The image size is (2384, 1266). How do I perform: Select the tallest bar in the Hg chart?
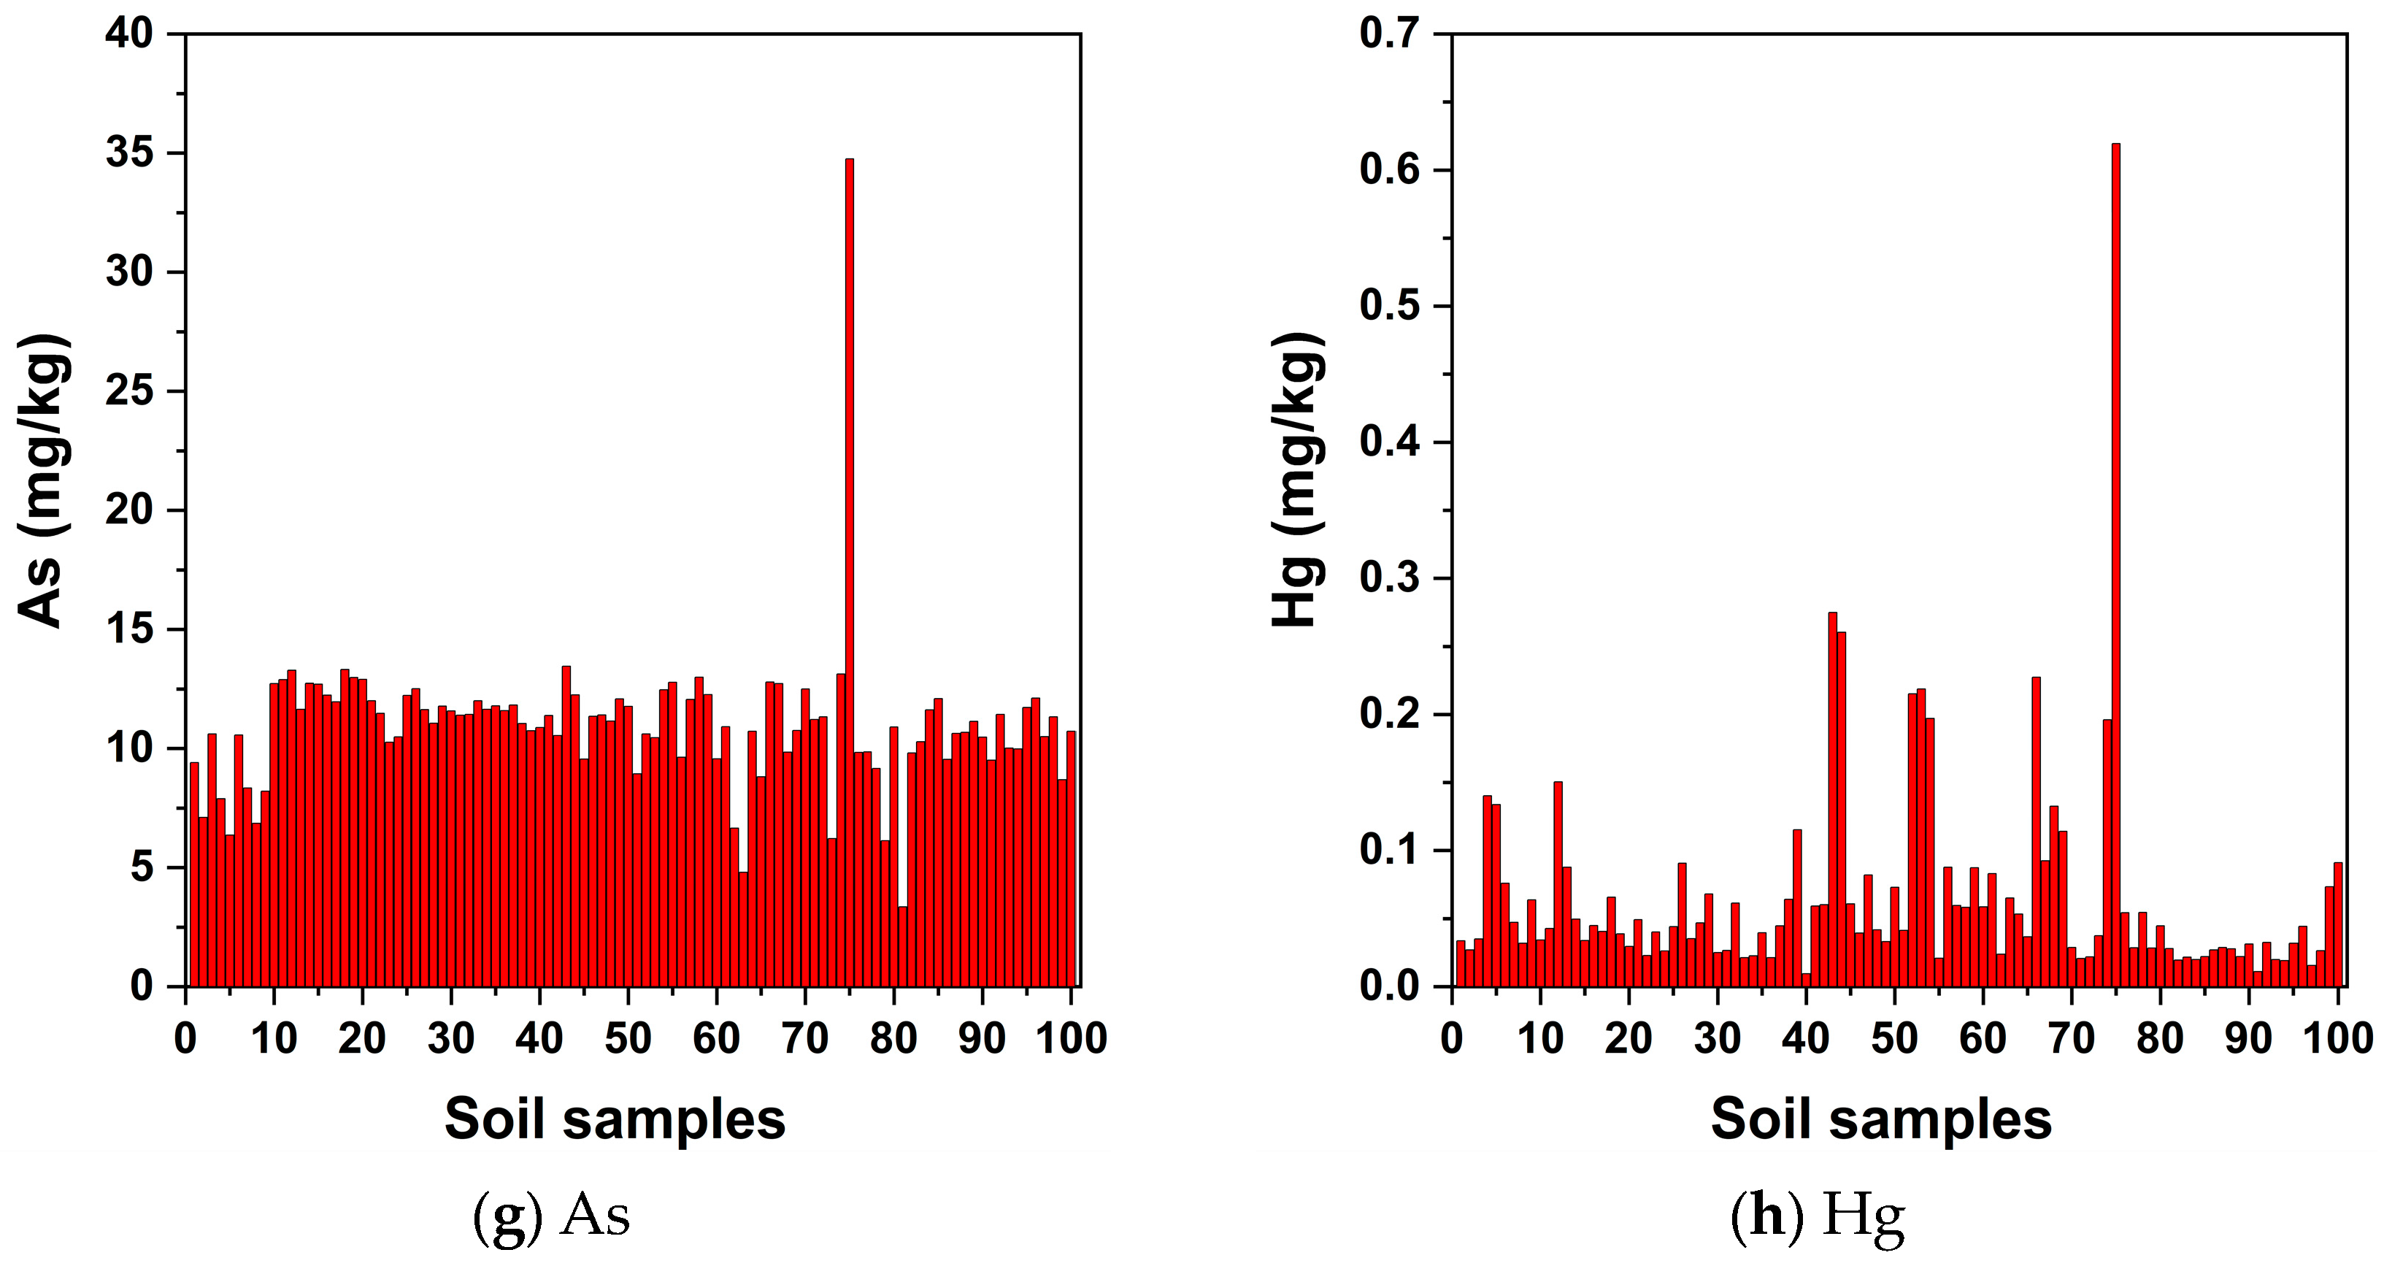click(2115, 564)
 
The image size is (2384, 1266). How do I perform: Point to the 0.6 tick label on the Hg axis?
click(1390, 170)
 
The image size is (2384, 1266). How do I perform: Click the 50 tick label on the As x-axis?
click(628, 1038)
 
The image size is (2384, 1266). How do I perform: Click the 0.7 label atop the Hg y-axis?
click(1390, 34)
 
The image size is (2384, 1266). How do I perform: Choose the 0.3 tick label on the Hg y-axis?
click(1390, 578)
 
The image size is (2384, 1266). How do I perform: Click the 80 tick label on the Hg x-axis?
click(2160, 1038)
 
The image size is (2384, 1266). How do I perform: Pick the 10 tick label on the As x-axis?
click(274, 1038)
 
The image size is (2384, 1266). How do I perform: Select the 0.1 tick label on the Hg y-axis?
click(1390, 851)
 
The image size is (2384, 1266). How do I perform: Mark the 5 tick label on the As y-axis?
click(142, 868)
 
